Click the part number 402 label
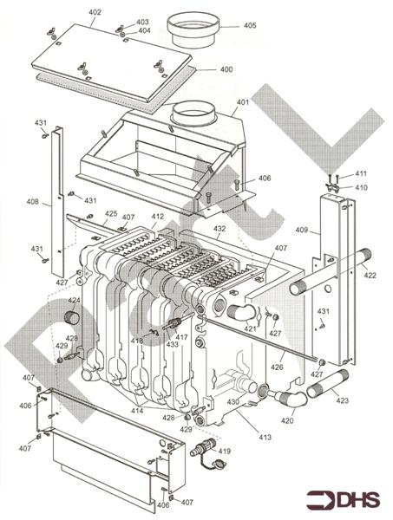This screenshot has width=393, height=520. (x=95, y=12)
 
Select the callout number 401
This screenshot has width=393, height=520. (x=242, y=102)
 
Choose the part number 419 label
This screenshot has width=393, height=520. (x=225, y=452)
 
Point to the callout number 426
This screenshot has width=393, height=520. (x=277, y=367)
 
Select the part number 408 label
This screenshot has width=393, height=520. (x=32, y=202)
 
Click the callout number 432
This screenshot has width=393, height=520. (x=219, y=229)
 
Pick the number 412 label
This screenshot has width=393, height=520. (x=157, y=217)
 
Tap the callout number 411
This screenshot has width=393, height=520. (x=361, y=173)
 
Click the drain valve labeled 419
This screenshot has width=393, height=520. (x=201, y=452)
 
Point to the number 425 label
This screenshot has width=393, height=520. (x=111, y=213)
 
